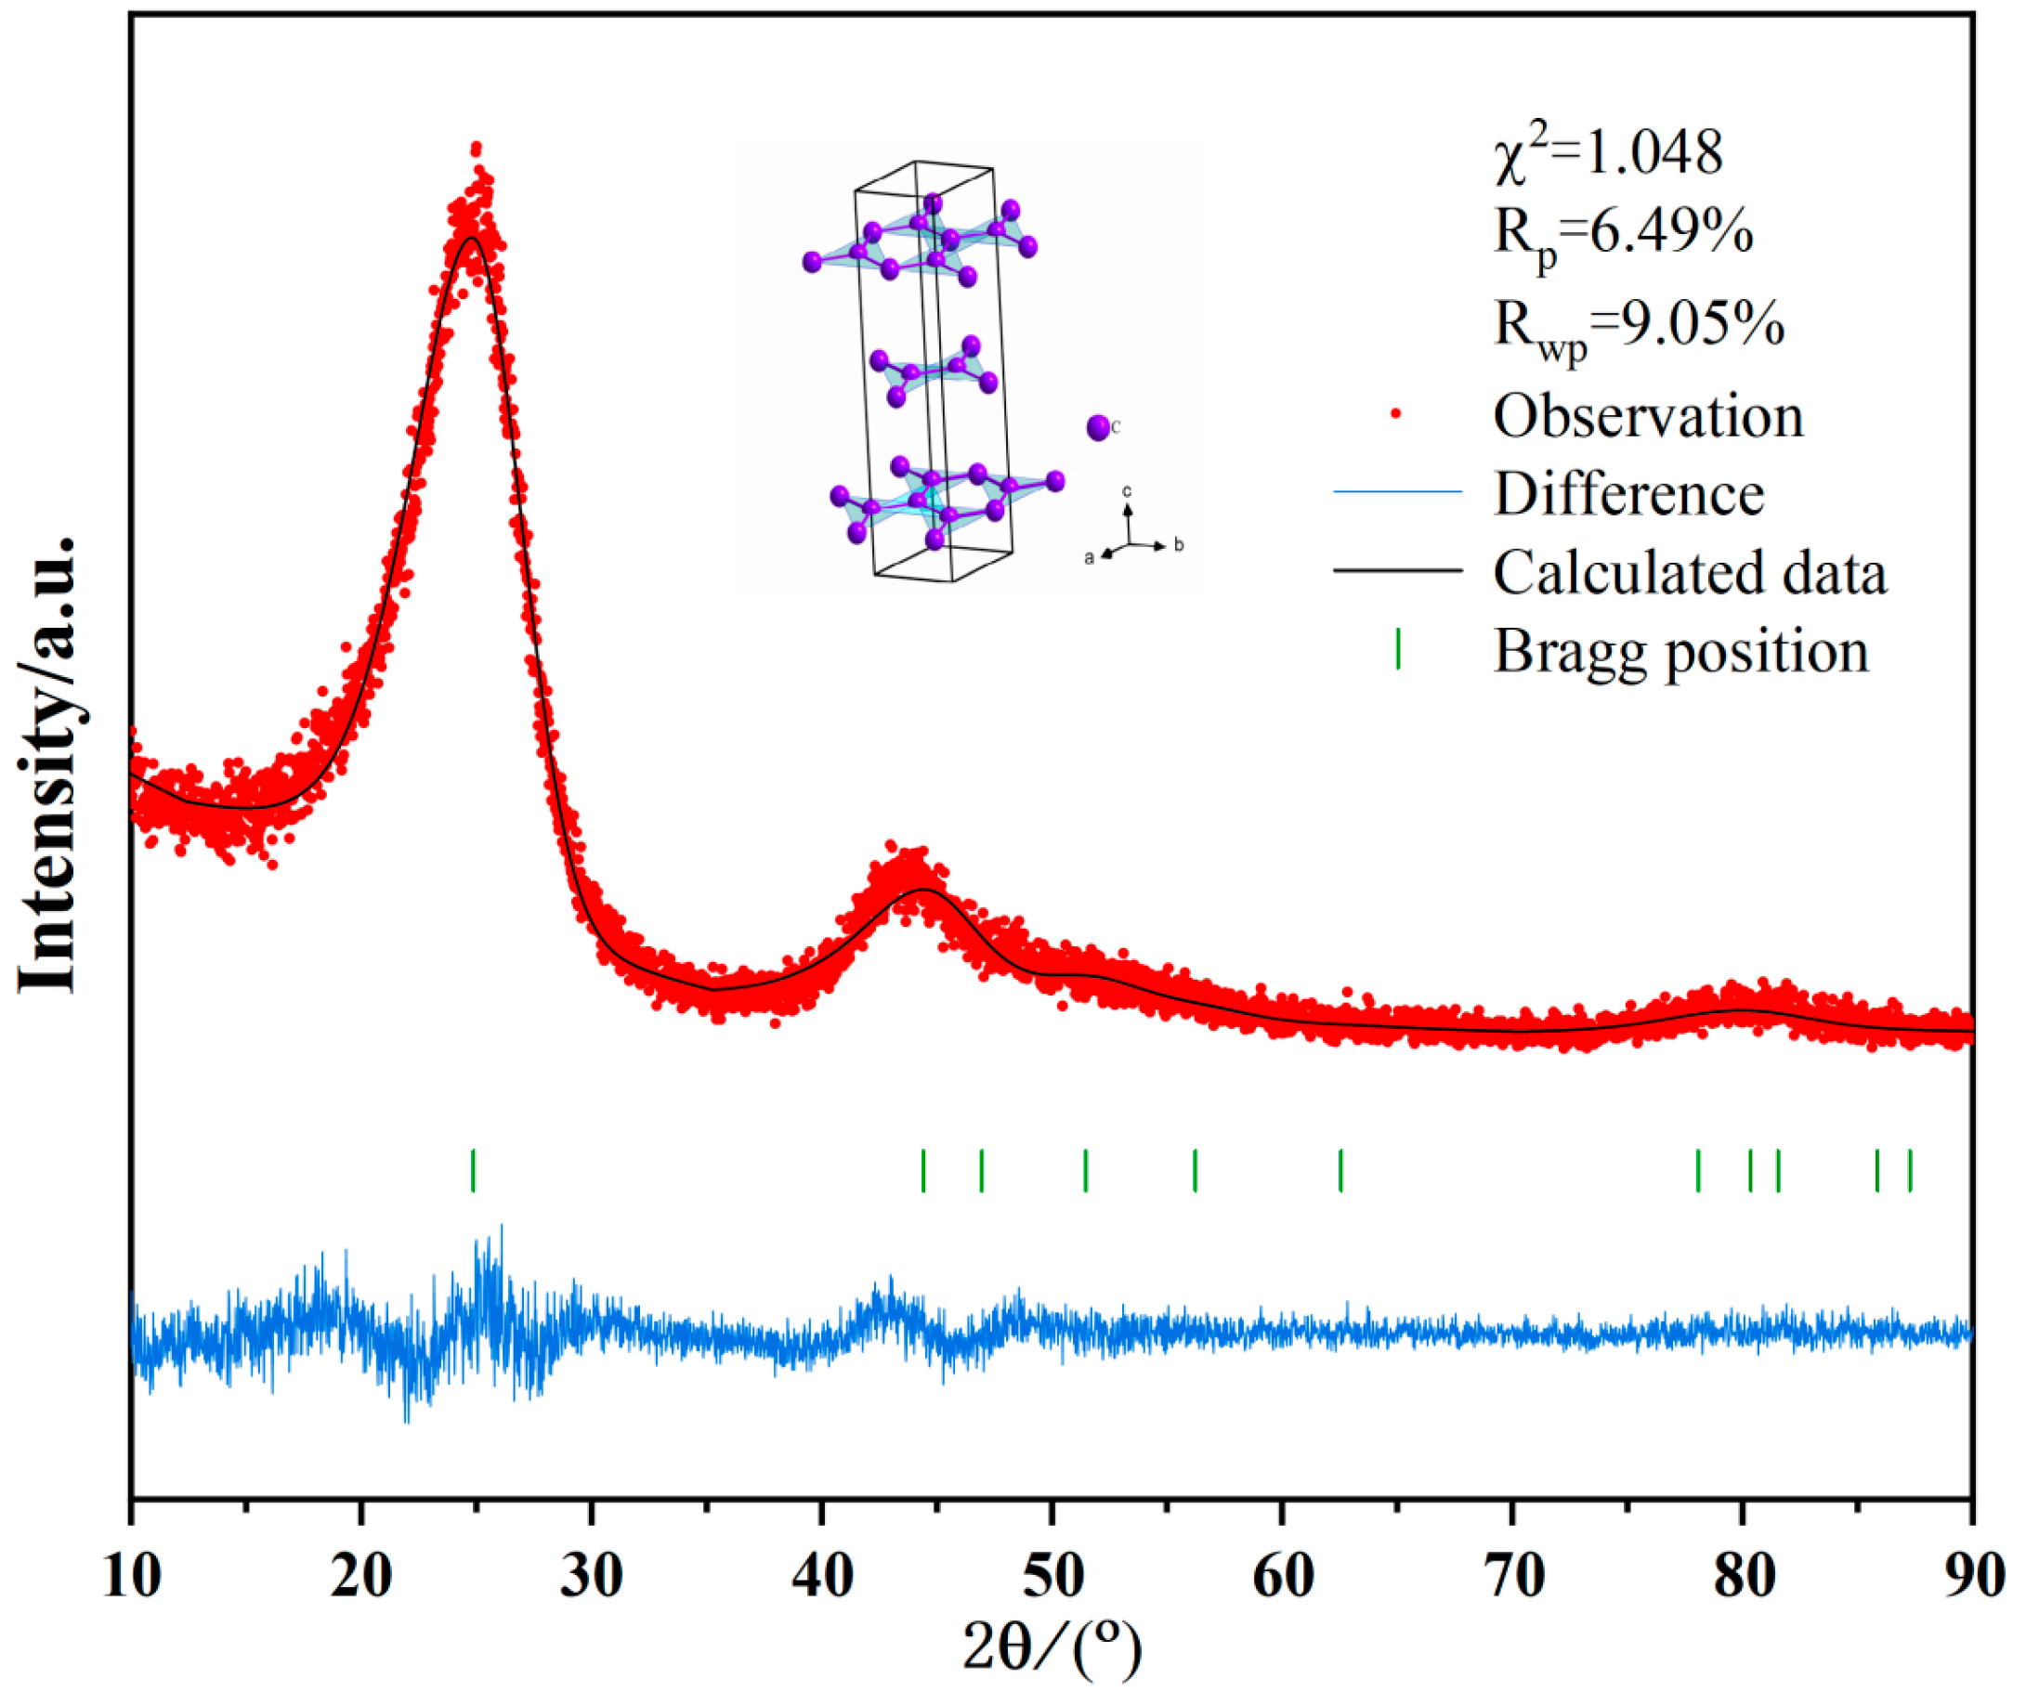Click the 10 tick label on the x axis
133,1577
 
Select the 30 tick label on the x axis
592,1577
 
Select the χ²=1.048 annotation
1607,155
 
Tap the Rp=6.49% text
1623,235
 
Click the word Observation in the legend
1648,417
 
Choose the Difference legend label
1628,495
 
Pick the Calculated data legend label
1690,573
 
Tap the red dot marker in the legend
1396,413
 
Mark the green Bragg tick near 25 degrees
473,1170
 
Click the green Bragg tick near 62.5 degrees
1340,1170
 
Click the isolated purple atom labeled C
1097,427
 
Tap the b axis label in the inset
1179,546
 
